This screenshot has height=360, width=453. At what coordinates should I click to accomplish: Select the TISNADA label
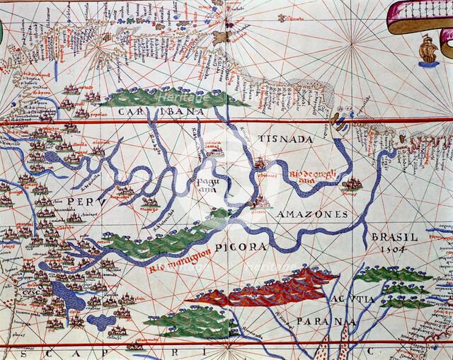pos(285,139)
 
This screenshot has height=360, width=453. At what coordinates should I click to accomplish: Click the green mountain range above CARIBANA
pos(163,98)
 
